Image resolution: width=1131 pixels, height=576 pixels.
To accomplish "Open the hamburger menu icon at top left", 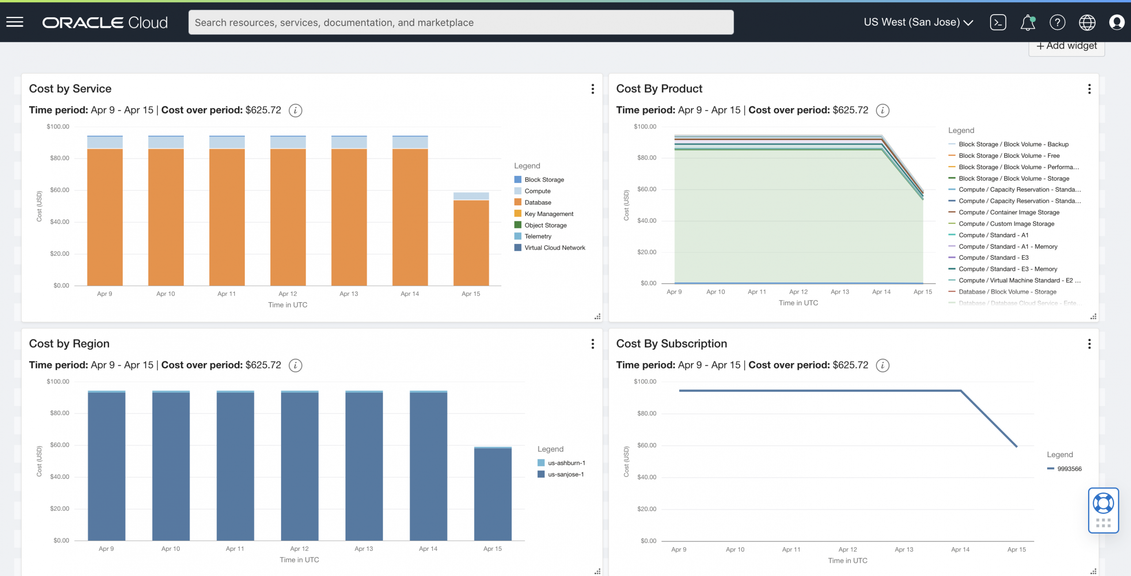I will click(x=15, y=22).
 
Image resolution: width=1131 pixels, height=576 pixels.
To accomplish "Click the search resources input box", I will click(x=460, y=23).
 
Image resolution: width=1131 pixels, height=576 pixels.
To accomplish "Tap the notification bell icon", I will click(x=1027, y=23).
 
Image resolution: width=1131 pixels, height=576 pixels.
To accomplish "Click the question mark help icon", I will click(x=1057, y=23).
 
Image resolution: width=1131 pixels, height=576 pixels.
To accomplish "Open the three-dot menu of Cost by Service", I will click(x=592, y=89).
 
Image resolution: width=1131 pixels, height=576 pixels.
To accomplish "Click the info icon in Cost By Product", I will click(x=882, y=110).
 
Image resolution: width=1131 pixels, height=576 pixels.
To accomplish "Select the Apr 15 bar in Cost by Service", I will click(x=471, y=241).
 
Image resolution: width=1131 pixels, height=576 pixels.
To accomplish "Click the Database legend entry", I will click(x=537, y=202).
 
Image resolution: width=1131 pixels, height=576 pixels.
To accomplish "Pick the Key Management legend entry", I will click(x=548, y=214).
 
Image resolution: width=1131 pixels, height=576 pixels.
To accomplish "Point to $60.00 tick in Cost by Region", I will click(x=60, y=445).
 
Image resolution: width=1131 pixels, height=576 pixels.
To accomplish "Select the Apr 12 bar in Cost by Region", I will click(x=300, y=466).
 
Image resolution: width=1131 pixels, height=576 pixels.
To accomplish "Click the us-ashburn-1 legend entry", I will click(x=566, y=463).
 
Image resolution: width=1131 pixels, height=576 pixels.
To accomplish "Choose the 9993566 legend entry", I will click(x=1069, y=469).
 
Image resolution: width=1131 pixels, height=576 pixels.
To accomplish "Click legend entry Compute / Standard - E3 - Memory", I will click(x=1007, y=269).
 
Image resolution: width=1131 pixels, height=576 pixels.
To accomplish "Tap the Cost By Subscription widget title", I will click(x=671, y=344).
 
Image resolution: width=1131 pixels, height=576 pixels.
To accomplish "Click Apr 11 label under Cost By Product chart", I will click(x=757, y=292).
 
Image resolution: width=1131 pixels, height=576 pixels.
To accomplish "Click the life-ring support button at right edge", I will click(x=1103, y=504).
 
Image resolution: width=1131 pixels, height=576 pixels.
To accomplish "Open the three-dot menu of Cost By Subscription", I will click(x=1089, y=344).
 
